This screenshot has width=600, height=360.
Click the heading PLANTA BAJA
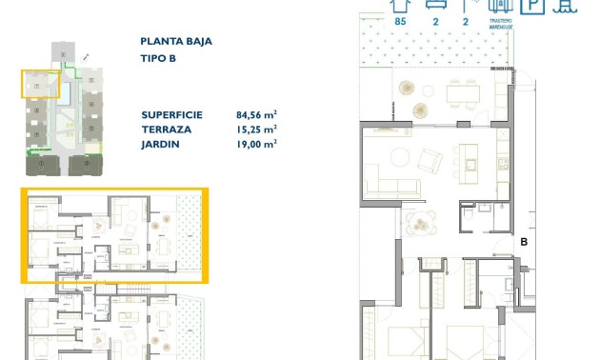pos(175,41)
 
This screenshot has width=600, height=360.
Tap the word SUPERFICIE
pos(173,113)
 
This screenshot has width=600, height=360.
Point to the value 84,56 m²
pos(256,113)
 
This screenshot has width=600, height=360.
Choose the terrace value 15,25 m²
pos(256,129)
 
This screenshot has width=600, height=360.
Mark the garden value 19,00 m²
pos(256,144)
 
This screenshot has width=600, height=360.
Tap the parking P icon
pos(536,6)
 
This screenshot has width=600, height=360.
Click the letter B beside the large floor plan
pos(524,243)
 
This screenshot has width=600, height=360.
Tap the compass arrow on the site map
pos(87,56)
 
